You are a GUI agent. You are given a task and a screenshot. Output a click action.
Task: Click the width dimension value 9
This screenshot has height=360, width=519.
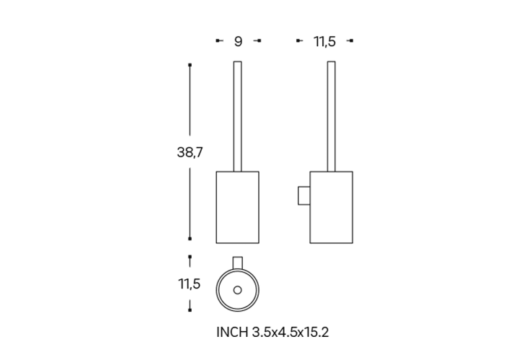point(238,41)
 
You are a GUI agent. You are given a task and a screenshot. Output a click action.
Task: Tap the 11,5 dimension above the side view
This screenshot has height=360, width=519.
point(324,41)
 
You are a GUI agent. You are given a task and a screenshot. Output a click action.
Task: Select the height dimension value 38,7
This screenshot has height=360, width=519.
point(190,152)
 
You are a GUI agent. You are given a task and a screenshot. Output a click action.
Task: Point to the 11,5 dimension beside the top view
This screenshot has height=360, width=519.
point(190,284)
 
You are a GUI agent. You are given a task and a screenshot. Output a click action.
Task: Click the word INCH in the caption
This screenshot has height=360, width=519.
point(232,332)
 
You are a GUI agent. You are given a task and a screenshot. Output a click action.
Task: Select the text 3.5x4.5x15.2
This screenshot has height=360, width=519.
point(290,332)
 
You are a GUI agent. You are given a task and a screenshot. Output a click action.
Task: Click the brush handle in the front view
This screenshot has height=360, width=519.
point(238,116)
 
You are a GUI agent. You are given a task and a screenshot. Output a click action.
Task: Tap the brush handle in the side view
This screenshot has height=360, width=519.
point(332,116)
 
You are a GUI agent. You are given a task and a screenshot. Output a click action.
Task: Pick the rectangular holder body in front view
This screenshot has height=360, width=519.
point(238,207)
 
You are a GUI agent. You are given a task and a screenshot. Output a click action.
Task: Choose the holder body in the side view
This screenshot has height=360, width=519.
point(332,207)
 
